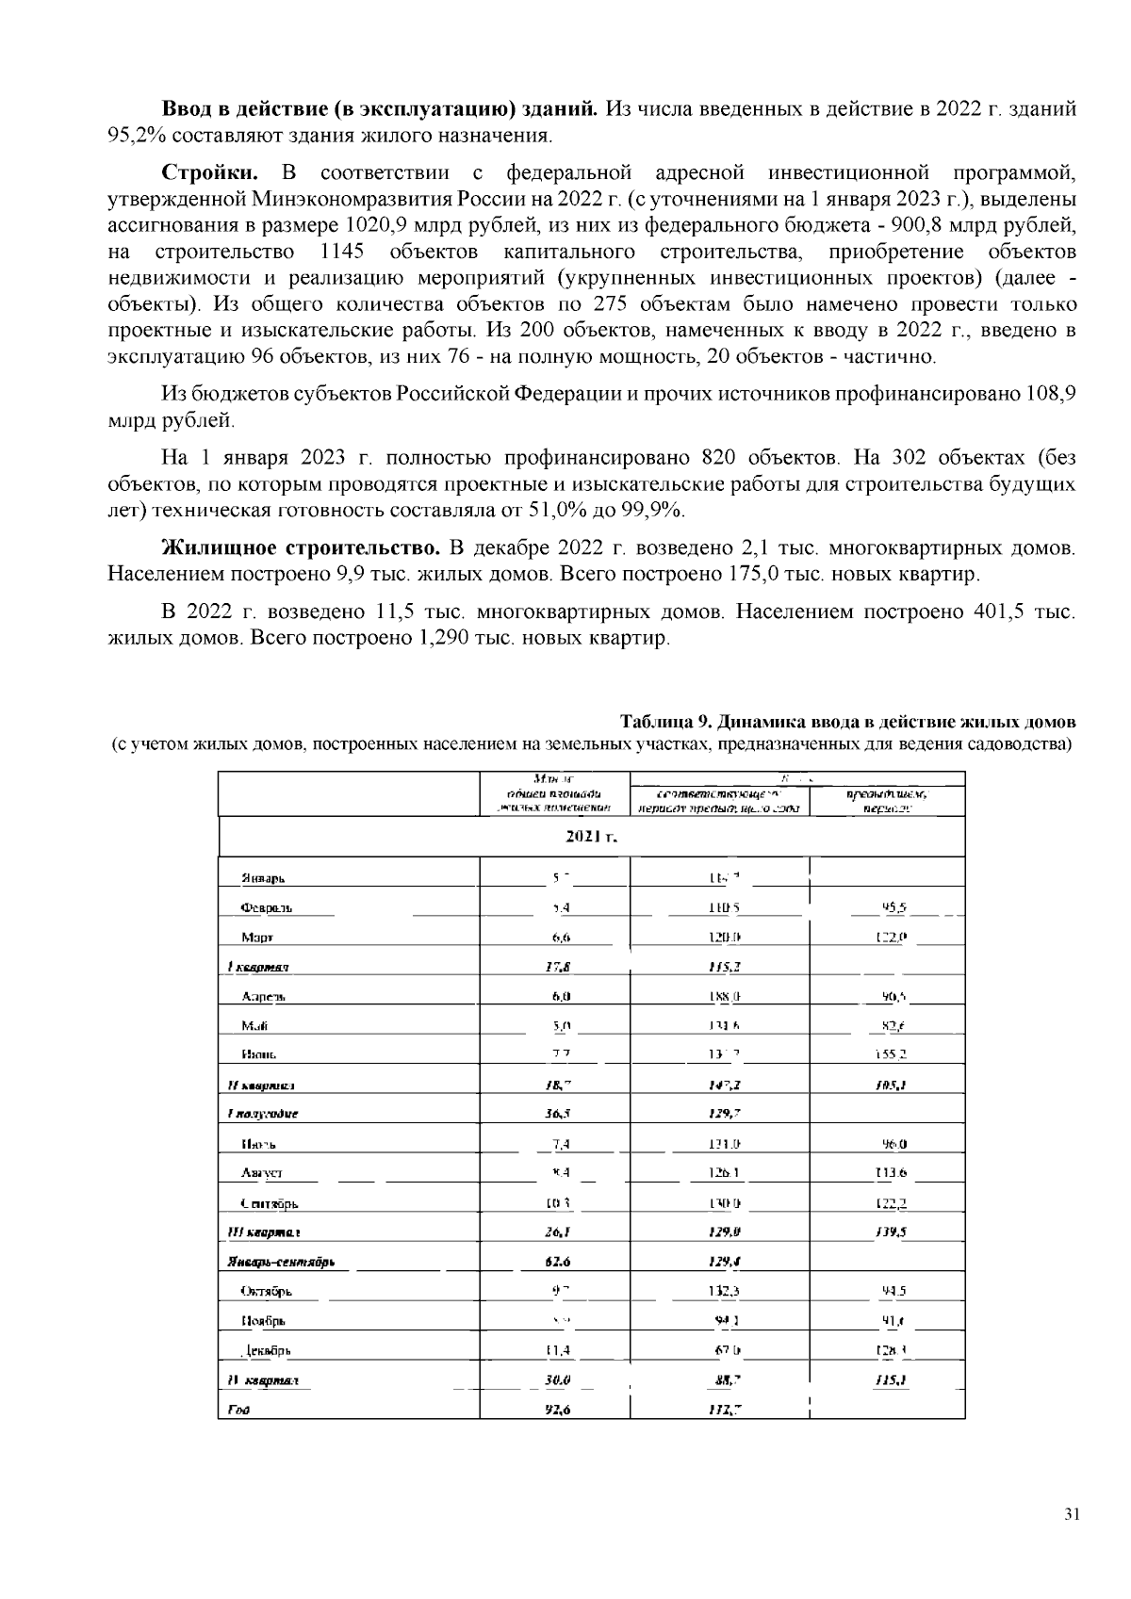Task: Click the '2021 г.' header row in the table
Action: pos(591,836)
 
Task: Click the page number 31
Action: pos(1071,1515)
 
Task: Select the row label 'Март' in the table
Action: pos(257,938)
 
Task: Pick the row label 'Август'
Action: pos(261,1173)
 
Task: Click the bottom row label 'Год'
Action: pos(232,1410)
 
